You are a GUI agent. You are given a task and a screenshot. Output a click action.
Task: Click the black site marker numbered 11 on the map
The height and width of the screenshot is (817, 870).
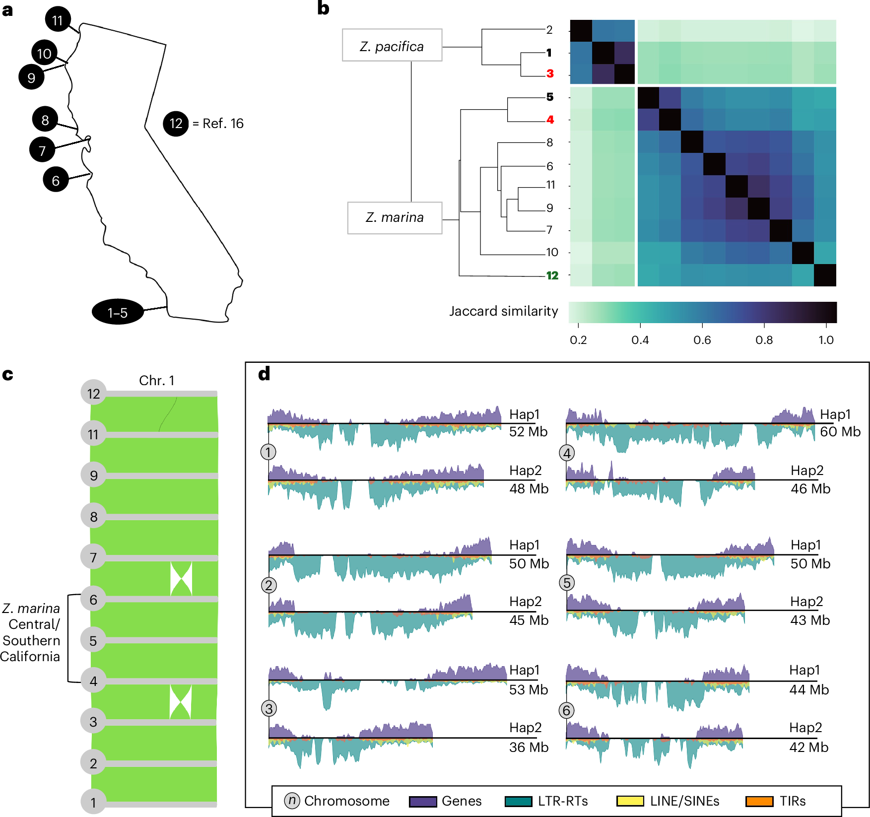(x=58, y=20)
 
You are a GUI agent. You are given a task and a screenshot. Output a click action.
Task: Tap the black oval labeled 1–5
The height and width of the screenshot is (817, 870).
(x=118, y=312)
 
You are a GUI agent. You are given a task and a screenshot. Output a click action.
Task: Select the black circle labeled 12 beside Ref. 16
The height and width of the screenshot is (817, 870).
(x=176, y=124)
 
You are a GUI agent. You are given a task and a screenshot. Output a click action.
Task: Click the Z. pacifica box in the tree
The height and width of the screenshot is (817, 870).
(x=392, y=46)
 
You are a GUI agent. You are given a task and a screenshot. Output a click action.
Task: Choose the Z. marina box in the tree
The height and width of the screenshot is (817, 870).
(x=395, y=217)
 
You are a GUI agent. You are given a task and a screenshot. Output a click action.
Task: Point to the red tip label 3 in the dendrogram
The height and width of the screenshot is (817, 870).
(x=550, y=73)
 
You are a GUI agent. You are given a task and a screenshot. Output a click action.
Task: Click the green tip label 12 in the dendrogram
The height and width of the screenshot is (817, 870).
(x=552, y=275)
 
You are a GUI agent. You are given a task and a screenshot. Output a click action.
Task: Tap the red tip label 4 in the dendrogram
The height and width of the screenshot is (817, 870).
(x=550, y=120)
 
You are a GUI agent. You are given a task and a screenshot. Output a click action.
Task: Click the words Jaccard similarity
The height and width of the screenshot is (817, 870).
(x=503, y=311)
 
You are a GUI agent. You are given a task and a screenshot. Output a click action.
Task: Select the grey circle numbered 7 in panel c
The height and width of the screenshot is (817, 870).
(x=93, y=557)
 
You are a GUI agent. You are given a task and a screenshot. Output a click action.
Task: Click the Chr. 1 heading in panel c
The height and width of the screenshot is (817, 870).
(x=157, y=381)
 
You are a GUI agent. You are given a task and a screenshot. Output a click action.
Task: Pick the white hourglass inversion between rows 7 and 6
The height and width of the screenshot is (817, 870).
(x=181, y=579)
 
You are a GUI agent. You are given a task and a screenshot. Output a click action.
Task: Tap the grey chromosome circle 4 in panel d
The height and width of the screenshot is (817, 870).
(x=567, y=453)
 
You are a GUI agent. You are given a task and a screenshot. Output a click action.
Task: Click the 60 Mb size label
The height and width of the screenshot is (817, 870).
(x=840, y=432)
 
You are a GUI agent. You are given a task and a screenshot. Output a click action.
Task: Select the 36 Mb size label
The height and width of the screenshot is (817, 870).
(x=529, y=748)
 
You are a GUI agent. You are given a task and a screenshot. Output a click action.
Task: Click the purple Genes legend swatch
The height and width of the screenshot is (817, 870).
(x=423, y=802)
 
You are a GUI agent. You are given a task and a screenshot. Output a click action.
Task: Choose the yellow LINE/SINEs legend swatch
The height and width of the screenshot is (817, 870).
(x=630, y=802)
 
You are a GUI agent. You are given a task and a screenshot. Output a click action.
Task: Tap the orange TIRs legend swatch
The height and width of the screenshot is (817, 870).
(x=759, y=802)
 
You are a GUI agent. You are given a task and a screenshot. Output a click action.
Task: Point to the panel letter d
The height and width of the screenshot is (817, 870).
(x=265, y=374)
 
